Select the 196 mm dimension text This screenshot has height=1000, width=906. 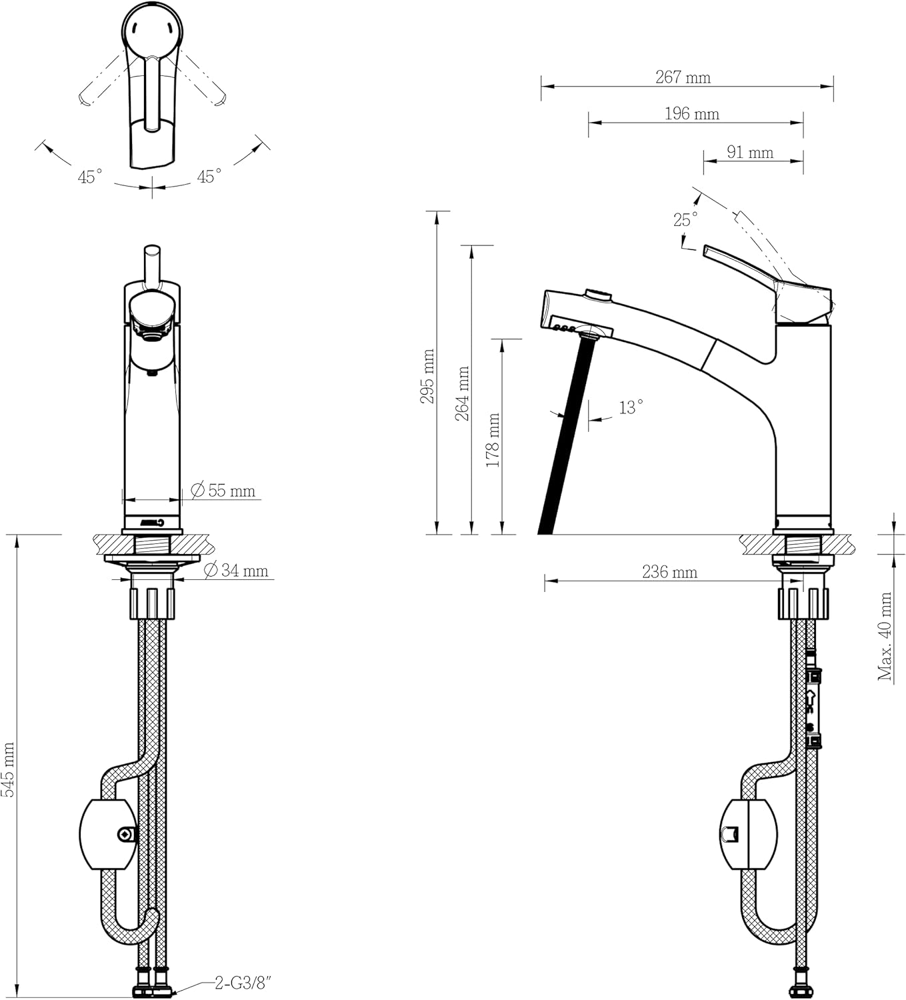pos(691,114)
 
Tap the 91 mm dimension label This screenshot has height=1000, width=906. pos(749,153)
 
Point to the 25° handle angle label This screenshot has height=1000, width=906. pos(685,219)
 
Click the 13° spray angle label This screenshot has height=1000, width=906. pos(631,407)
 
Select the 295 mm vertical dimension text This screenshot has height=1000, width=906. pos(427,376)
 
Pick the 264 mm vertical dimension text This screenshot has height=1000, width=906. pos(462,393)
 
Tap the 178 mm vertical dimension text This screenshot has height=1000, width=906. pos(493,440)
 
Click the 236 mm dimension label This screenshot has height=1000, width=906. pos(669,572)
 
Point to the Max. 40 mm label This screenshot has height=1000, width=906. pos(885,636)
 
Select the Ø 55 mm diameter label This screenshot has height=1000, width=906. pos(223,491)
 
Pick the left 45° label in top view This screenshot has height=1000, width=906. pos(90,177)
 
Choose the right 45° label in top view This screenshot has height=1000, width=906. pos(209,177)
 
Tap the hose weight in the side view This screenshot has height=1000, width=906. pos(748,834)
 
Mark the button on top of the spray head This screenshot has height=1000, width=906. pos(597,294)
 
